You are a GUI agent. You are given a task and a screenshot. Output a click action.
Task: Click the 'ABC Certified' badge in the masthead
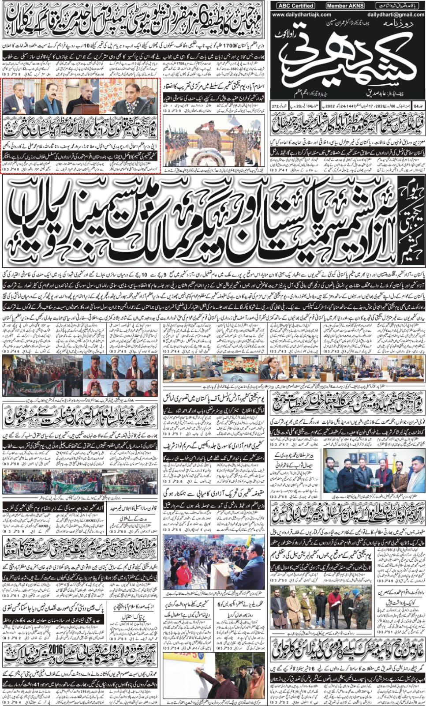coord(296,6)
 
